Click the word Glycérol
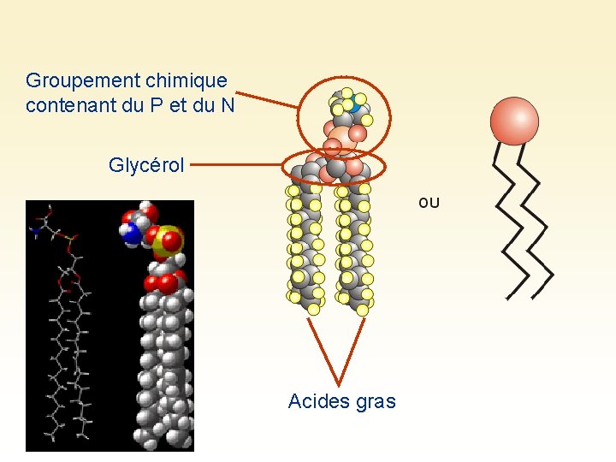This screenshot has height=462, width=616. (x=146, y=165)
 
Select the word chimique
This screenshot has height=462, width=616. (x=187, y=80)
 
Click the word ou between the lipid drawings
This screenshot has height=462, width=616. (x=429, y=203)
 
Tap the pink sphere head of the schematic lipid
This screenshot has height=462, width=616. (x=514, y=121)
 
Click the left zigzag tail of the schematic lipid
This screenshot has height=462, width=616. (x=511, y=222)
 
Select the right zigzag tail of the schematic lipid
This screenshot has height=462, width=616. (x=538, y=231)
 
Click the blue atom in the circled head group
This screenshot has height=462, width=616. (x=350, y=107)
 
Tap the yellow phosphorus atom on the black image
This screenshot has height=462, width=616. (x=169, y=242)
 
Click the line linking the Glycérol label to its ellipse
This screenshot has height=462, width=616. (x=241, y=164)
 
